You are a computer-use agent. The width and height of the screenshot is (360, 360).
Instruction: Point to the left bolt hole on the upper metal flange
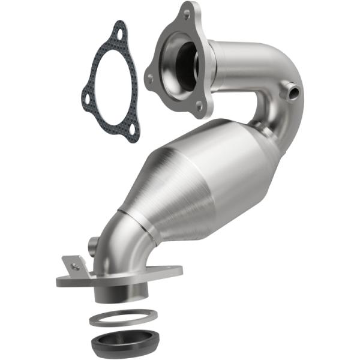(x=150, y=77)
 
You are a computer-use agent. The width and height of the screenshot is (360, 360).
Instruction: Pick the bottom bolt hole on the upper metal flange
(x=200, y=108)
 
